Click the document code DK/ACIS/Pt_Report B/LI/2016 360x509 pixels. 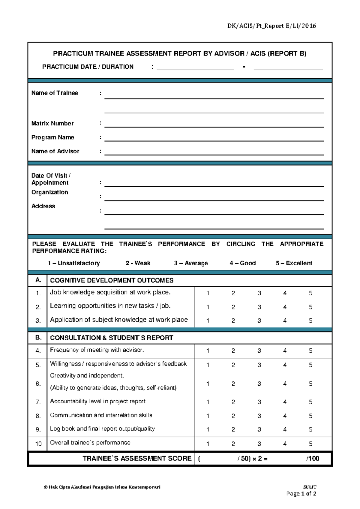[271, 26]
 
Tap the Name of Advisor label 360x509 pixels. [55, 151]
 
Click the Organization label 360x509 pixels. [50, 192]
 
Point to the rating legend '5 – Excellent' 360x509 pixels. [294, 263]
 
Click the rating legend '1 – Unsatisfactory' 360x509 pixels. [73, 263]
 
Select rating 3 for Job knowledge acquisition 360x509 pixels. [259, 293]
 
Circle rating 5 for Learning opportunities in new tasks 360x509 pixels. [310, 307]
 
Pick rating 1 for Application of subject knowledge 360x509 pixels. [208, 321]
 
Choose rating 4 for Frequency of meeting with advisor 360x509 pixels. [285, 351]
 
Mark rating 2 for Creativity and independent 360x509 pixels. [233, 384]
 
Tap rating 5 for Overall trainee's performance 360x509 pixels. [310, 444]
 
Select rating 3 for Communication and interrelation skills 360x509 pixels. [259, 416]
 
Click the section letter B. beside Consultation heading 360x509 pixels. [38, 337]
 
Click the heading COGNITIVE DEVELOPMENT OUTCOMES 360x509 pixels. [112, 280]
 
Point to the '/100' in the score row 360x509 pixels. [313, 458]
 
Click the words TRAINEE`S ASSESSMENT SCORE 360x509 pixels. [137, 458]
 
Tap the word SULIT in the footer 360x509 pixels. [310, 487]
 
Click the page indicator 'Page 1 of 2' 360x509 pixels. [301, 494]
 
